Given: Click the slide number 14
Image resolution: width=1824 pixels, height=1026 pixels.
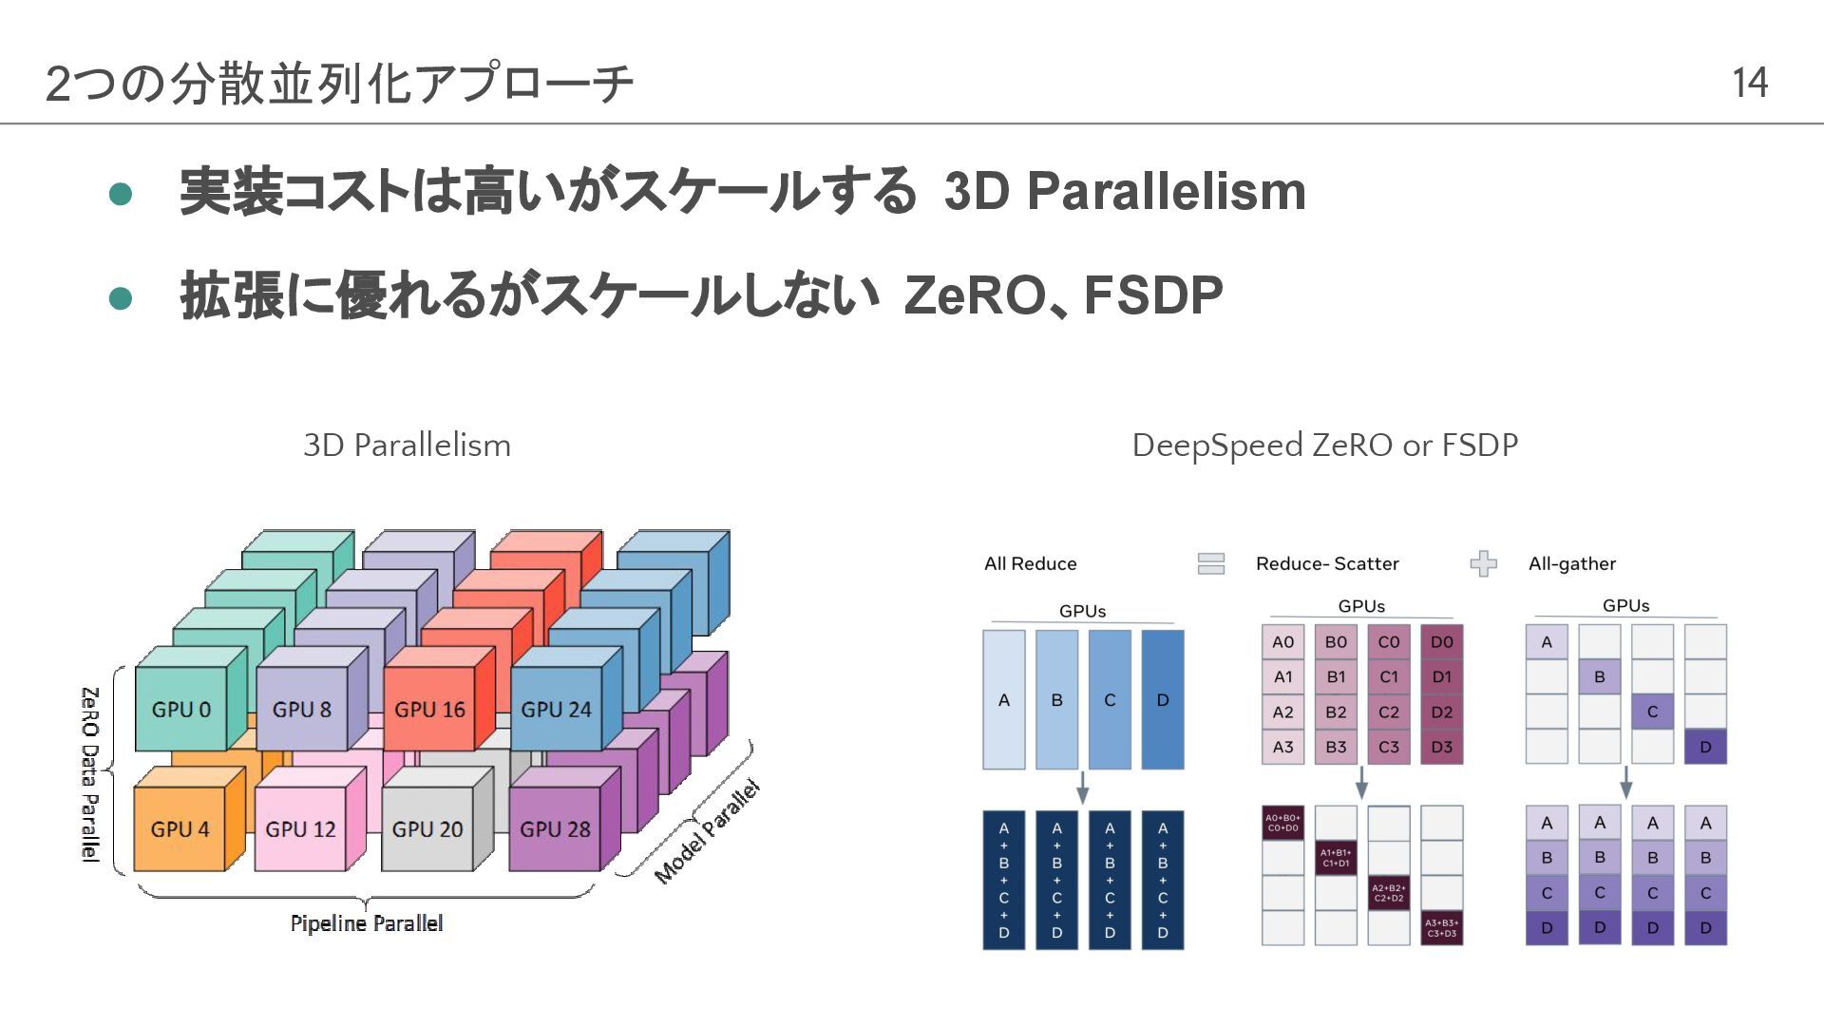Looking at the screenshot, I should coord(1749,83).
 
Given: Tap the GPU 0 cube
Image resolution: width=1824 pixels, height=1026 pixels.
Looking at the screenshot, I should coord(180,709).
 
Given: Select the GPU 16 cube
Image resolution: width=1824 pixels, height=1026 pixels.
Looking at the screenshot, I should coord(429,709).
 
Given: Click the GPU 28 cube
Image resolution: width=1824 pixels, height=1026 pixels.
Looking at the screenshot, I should coord(555,828).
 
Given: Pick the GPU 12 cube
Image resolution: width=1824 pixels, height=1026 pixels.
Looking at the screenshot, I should coord(300,828).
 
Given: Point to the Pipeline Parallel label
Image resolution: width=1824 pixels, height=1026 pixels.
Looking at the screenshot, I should coord(367,923).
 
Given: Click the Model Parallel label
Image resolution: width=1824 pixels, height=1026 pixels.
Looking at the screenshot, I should coord(708,831).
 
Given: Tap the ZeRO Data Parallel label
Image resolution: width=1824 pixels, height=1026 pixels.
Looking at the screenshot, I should coord(89,773).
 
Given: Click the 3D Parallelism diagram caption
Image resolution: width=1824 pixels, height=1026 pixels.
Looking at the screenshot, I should coord(407,445).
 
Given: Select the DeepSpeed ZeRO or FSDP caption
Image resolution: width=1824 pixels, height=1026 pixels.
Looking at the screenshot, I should coord(1324,445).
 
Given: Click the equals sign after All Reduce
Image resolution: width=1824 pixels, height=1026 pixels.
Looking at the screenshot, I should coord(1211,563).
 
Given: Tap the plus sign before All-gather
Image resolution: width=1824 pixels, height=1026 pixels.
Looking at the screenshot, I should coord(1483,563).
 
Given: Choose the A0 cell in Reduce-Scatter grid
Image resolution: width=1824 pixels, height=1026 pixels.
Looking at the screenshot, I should coord(1282,642).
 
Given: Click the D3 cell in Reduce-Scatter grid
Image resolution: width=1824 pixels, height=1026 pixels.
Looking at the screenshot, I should coord(1441,747).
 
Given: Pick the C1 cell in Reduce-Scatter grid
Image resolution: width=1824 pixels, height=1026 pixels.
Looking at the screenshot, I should coord(1389,677).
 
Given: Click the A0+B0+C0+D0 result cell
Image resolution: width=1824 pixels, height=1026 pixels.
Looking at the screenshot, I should coord(1282,823).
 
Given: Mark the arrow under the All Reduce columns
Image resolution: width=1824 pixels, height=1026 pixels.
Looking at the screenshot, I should coord(1082,788).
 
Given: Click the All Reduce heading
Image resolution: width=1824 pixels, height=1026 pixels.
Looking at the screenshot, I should coord(1030,563).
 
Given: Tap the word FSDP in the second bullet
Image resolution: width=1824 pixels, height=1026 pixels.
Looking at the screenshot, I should coord(1152,295).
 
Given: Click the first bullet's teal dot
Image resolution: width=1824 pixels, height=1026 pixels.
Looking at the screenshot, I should coord(121,194).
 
